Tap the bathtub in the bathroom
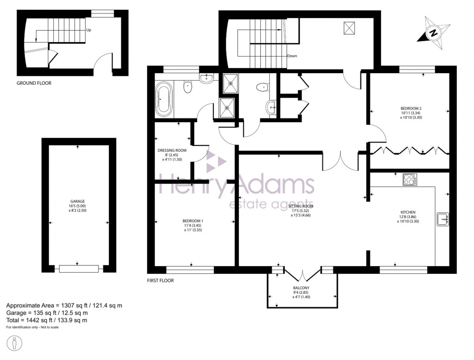tap(163, 99)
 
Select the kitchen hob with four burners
tap(409, 180)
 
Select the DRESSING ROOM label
tap(172, 150)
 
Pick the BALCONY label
tap(301, 288)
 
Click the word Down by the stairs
tap(292, 56)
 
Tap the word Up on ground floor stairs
tap(88, 30)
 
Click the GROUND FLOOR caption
tap(34, 83)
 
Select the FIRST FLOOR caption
tap(160, 280)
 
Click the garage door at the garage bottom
tap(77, 268)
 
